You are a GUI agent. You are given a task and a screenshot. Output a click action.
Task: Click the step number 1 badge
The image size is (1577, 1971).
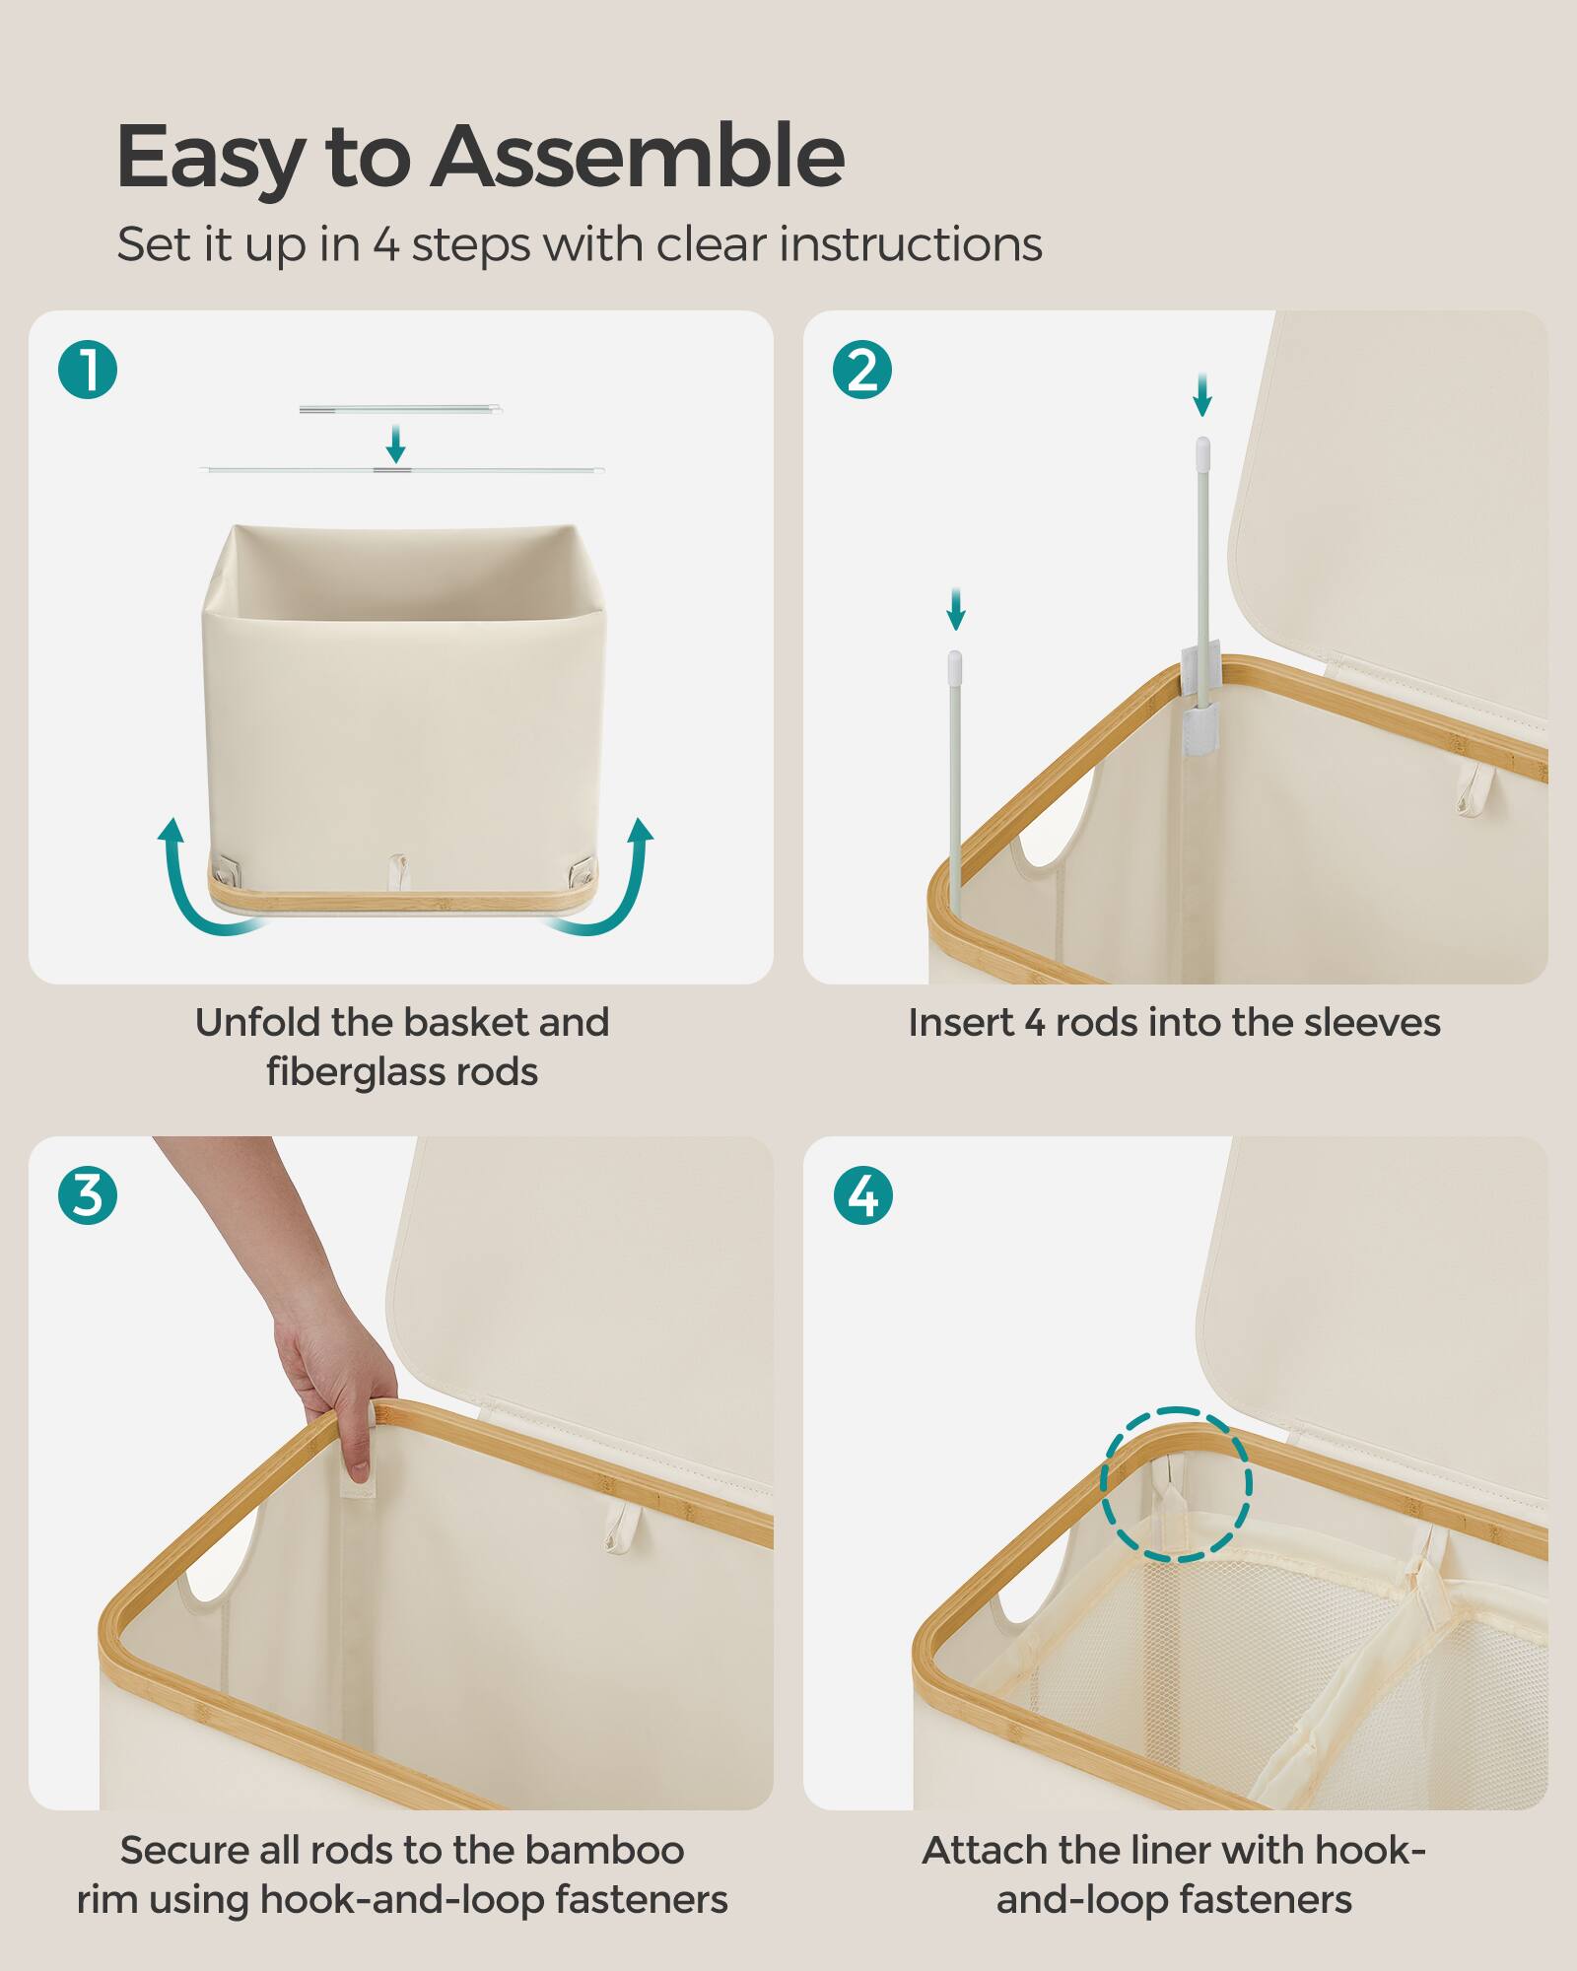point(88,371)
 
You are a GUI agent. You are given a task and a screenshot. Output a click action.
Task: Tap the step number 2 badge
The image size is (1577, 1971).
point(862,371)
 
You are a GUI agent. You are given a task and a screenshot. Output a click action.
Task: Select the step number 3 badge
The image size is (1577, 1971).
point(88,1195)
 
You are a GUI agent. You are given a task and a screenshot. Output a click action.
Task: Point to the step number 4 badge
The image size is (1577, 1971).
point(862,1195)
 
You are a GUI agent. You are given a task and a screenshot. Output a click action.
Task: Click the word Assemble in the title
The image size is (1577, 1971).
point(638,158)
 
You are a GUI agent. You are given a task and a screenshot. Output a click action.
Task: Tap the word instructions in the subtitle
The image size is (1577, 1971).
point(910,244)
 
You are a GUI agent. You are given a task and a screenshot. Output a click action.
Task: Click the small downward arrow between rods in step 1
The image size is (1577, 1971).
point(395,444)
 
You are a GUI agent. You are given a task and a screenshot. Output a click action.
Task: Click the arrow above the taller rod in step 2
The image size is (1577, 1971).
point(1201,395)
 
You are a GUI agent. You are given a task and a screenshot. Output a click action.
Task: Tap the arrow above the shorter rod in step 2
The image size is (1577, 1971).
point(955,609)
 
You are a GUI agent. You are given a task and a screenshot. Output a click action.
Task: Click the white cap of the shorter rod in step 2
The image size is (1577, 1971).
point(954,667)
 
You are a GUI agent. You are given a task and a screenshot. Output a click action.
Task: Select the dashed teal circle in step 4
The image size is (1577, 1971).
point(1175,1484)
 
